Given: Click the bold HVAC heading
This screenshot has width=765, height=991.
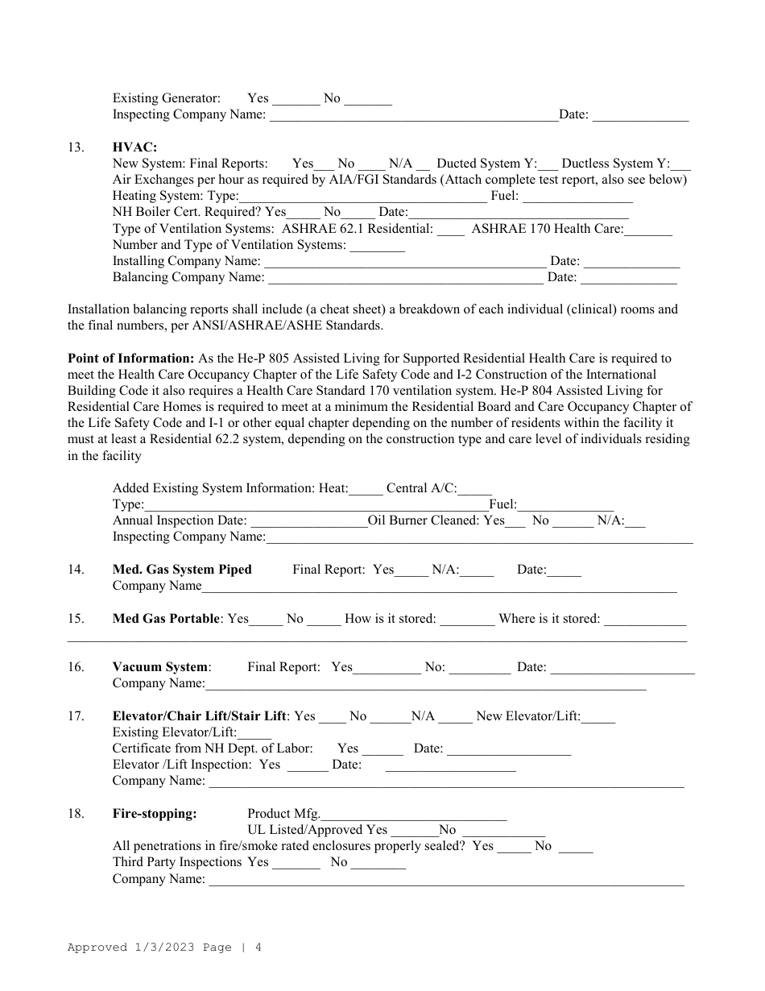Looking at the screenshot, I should (134, 147).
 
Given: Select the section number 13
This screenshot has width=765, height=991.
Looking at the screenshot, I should (76, 147).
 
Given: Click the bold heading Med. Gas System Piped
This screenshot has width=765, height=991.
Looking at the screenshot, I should (182, 570).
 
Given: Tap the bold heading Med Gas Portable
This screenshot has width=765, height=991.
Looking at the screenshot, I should (166, 619).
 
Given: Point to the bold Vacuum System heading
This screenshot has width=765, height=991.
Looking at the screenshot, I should (161, 667).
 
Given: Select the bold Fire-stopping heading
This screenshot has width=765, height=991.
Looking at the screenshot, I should (155, 814).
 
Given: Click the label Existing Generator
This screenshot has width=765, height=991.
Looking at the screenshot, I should (167, 98).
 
